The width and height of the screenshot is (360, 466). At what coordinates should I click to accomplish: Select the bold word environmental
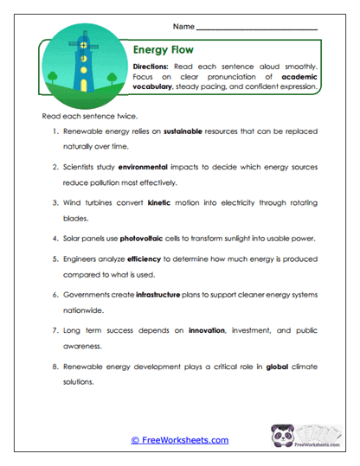pyautogui.click(x=149, y=166)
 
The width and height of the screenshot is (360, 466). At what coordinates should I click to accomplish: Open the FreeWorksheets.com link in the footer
pyautogui.click(x=180, y=440)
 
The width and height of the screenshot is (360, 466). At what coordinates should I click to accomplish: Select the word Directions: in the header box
pyautogui.click(x=153, y=67)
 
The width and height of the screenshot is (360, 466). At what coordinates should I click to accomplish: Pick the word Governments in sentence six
pyautogui.click(x=88, y=294)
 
